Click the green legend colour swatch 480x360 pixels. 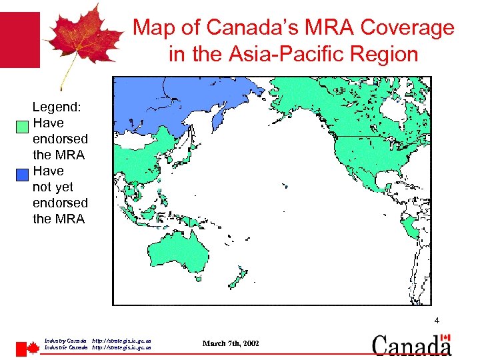pos(22,125)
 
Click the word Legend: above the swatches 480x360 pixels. pos(57,107)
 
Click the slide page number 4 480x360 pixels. pos(437,321)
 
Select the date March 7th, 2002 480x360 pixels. pos(231,343)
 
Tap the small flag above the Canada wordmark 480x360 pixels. pos(447,338)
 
